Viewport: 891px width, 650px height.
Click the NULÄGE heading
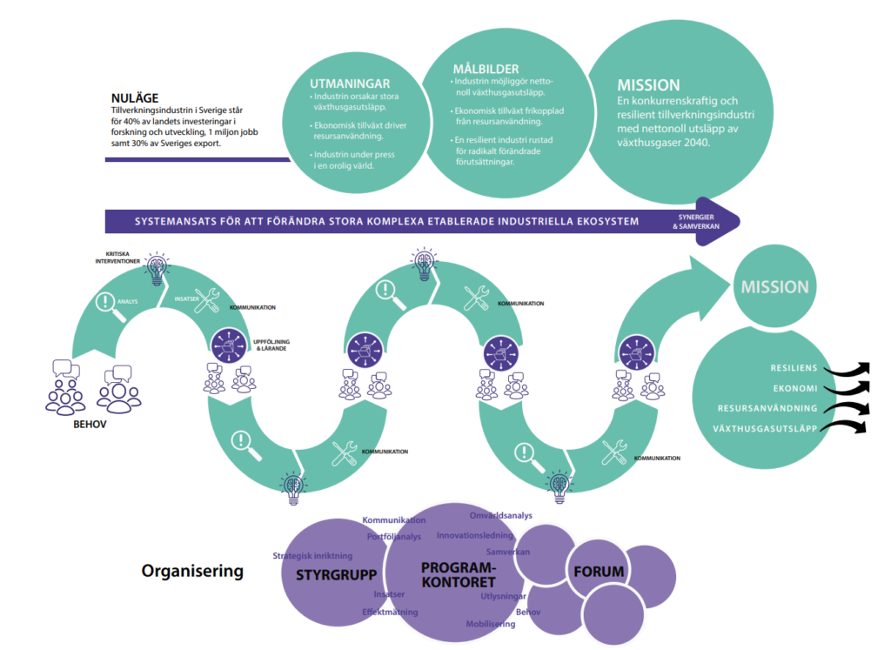pos(134,99)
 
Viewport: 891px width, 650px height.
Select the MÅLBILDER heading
pos(486,69)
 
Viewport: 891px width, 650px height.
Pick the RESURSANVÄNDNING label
pos(767,408)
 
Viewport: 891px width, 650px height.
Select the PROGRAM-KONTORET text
pos(458,574)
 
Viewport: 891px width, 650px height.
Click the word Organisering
pos(192,572)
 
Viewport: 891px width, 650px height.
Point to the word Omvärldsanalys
pos(501,515)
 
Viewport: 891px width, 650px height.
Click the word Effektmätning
pos(390,612)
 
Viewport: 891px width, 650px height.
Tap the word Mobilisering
pos(492,624)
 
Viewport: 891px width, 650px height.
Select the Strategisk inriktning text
pos(312,555)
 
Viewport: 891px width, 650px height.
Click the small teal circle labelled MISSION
pos(774,286)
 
